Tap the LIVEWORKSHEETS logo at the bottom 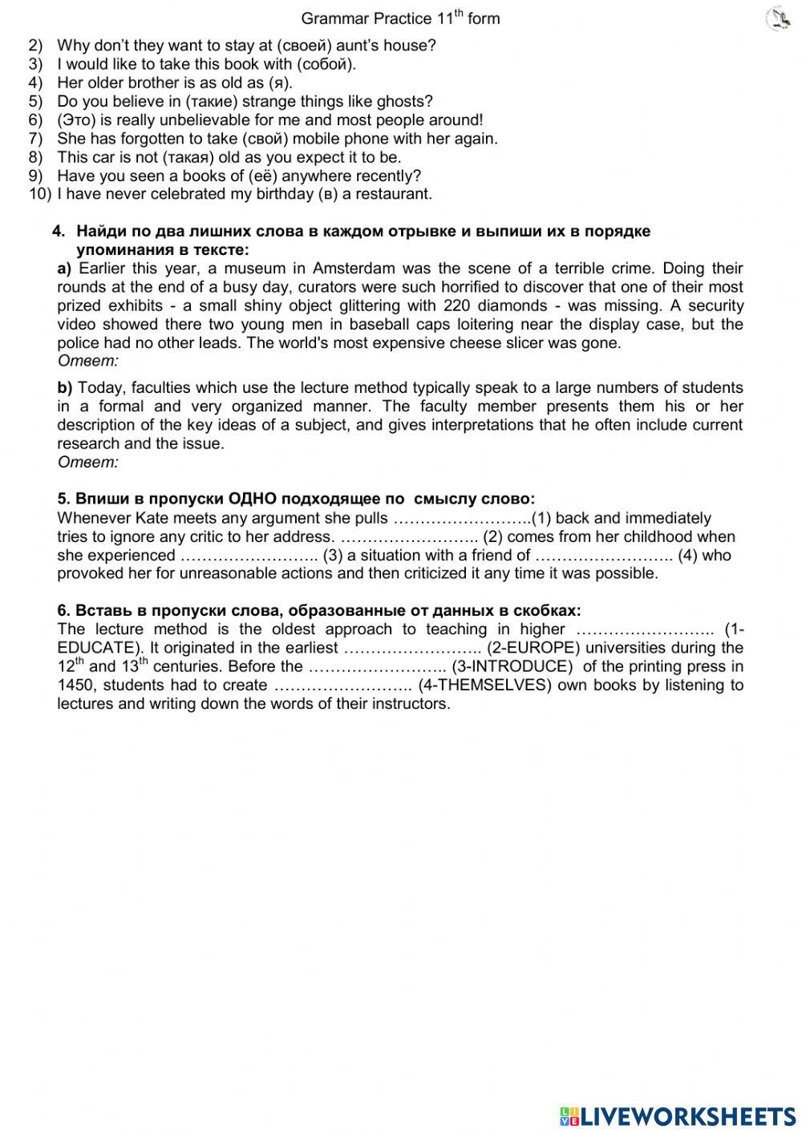pos(677,1115)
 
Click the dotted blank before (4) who pos(604,555)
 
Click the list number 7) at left pos(35,139)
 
